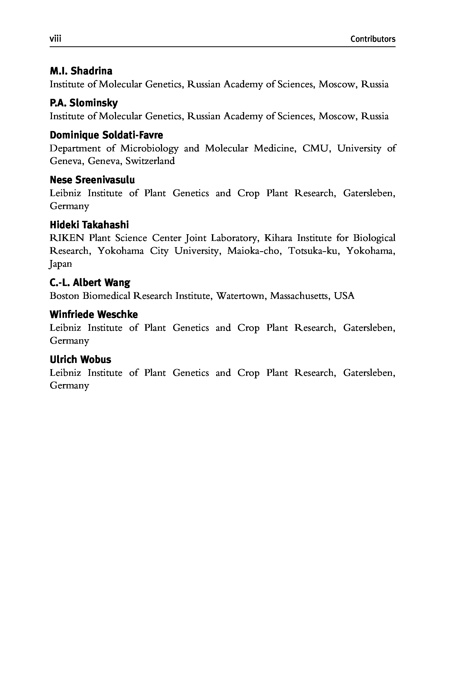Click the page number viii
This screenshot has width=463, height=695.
click(55, 39)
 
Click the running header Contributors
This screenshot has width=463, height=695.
click(373, 39)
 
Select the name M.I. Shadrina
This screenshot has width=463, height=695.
click(81, 71)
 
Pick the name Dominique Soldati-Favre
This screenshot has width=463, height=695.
click(106, 135)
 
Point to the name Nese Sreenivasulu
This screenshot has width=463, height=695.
click(92, 180)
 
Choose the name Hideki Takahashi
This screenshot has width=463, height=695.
click(89, 225)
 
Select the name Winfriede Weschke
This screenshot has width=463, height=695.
click(94, 314)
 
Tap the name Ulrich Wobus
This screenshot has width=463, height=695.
click(80, 359)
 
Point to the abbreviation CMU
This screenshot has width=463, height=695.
click(316, 148)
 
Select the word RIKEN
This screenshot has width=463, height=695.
click(67, 238)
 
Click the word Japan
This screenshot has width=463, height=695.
click(60, 264)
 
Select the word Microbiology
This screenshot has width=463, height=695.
click(149, 148)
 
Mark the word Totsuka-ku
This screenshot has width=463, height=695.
click(313, 251)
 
